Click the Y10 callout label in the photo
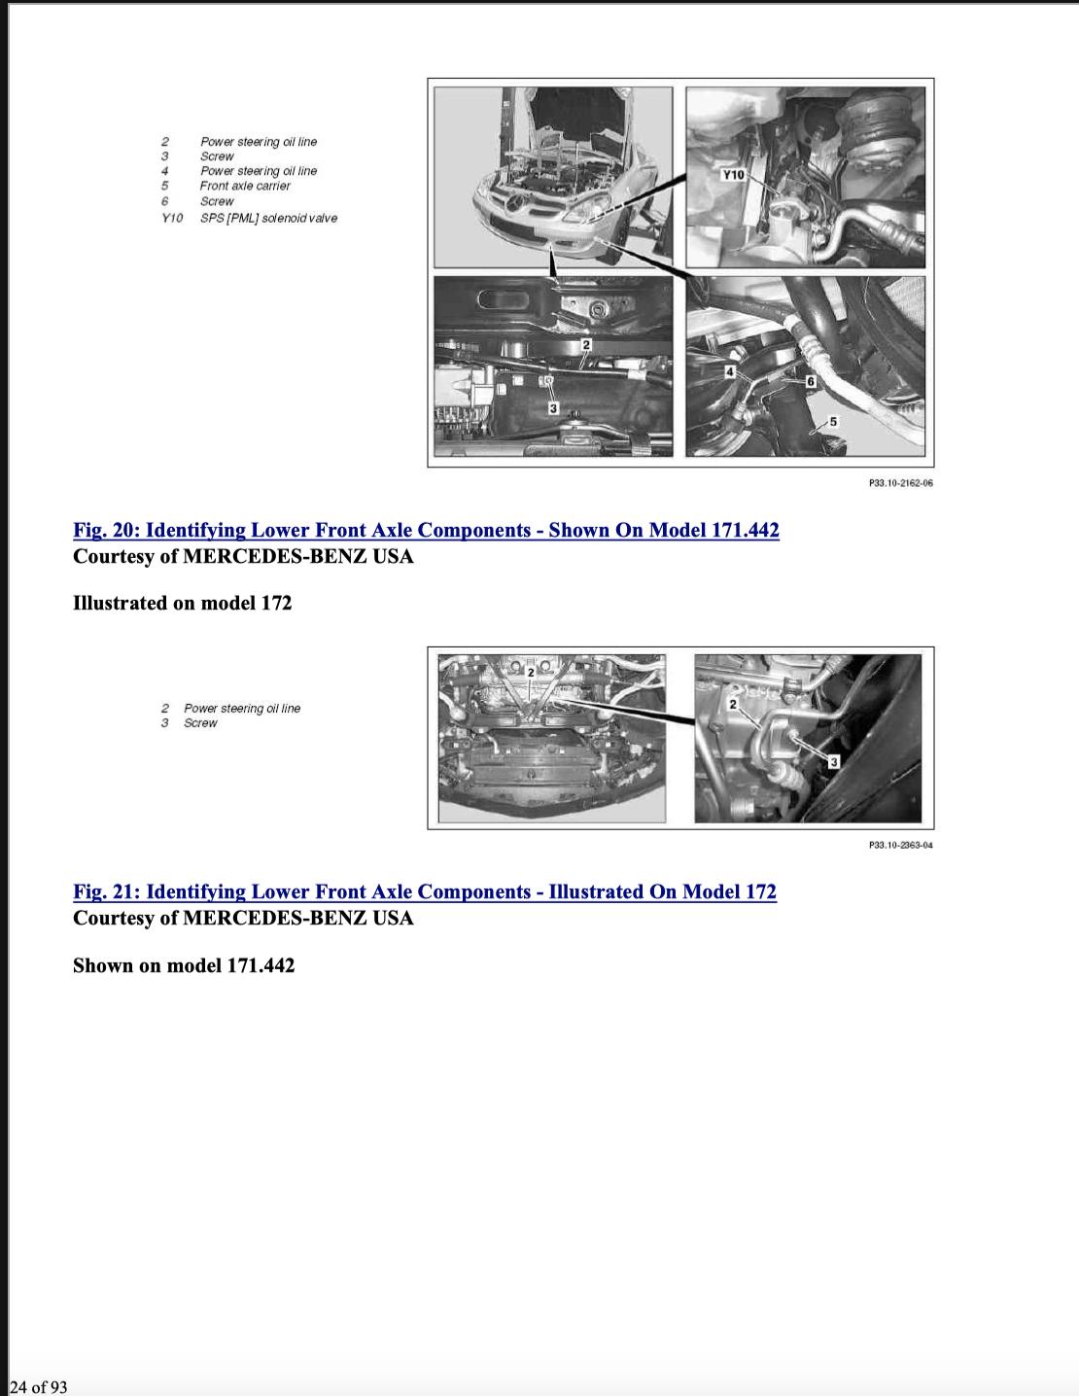pos(733,175)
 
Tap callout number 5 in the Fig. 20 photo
pos(833,422)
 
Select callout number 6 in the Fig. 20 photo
pos(811,382)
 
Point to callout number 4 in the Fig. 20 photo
pos(730,371)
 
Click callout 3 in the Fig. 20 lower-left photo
pos(553,407)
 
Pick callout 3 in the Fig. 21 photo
pos(834,762)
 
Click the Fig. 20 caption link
pos(426,530)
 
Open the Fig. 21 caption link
pos(425,891)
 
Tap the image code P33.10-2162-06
pos(900,483)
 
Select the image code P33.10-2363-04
pos(900,845)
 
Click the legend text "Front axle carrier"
pos(245,186)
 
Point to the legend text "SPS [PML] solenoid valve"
pos(268,218)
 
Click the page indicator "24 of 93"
pos(39,1387)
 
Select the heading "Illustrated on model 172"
pos(183,603)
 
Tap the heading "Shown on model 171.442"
pos(184,965)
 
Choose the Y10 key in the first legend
pos(171,218)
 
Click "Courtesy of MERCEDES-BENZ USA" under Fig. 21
pos(243,918)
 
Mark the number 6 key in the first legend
pos(164,201)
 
